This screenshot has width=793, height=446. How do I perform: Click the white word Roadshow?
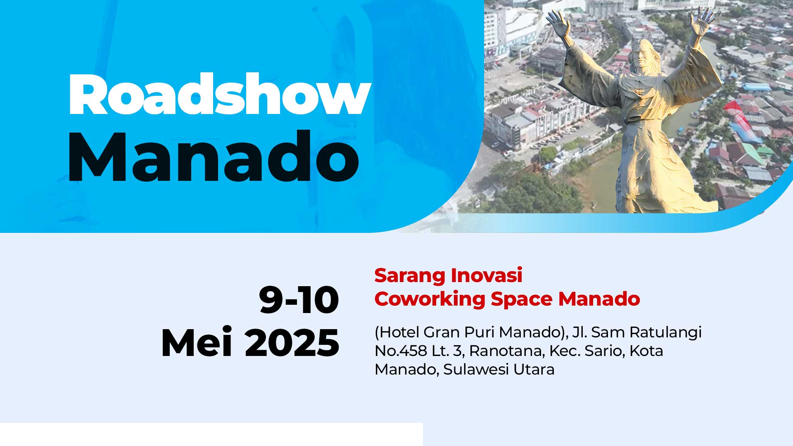[220, 95]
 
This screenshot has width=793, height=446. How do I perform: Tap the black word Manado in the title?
[213, 157]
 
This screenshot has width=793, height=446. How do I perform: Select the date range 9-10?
[299, 300]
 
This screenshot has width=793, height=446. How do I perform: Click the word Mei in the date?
[197, 342]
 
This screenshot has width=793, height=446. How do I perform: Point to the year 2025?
[292, 343]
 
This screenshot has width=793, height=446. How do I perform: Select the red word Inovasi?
[487, 275]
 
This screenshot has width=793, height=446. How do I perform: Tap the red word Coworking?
[430, 299]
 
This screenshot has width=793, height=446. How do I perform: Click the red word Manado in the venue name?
[599, 299]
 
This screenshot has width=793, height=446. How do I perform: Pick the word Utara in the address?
[534, 370]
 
